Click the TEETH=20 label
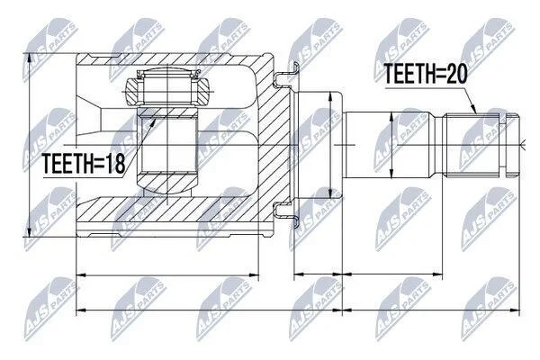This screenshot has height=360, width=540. (426, 74)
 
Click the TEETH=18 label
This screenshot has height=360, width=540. (84, 163)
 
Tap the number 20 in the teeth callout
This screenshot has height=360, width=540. (456, 74)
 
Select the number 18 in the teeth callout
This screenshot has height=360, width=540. (115, 163)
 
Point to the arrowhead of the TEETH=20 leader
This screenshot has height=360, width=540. (473, 109)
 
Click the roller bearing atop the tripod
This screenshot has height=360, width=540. (167, 91)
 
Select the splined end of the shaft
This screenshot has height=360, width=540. (482, 145)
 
